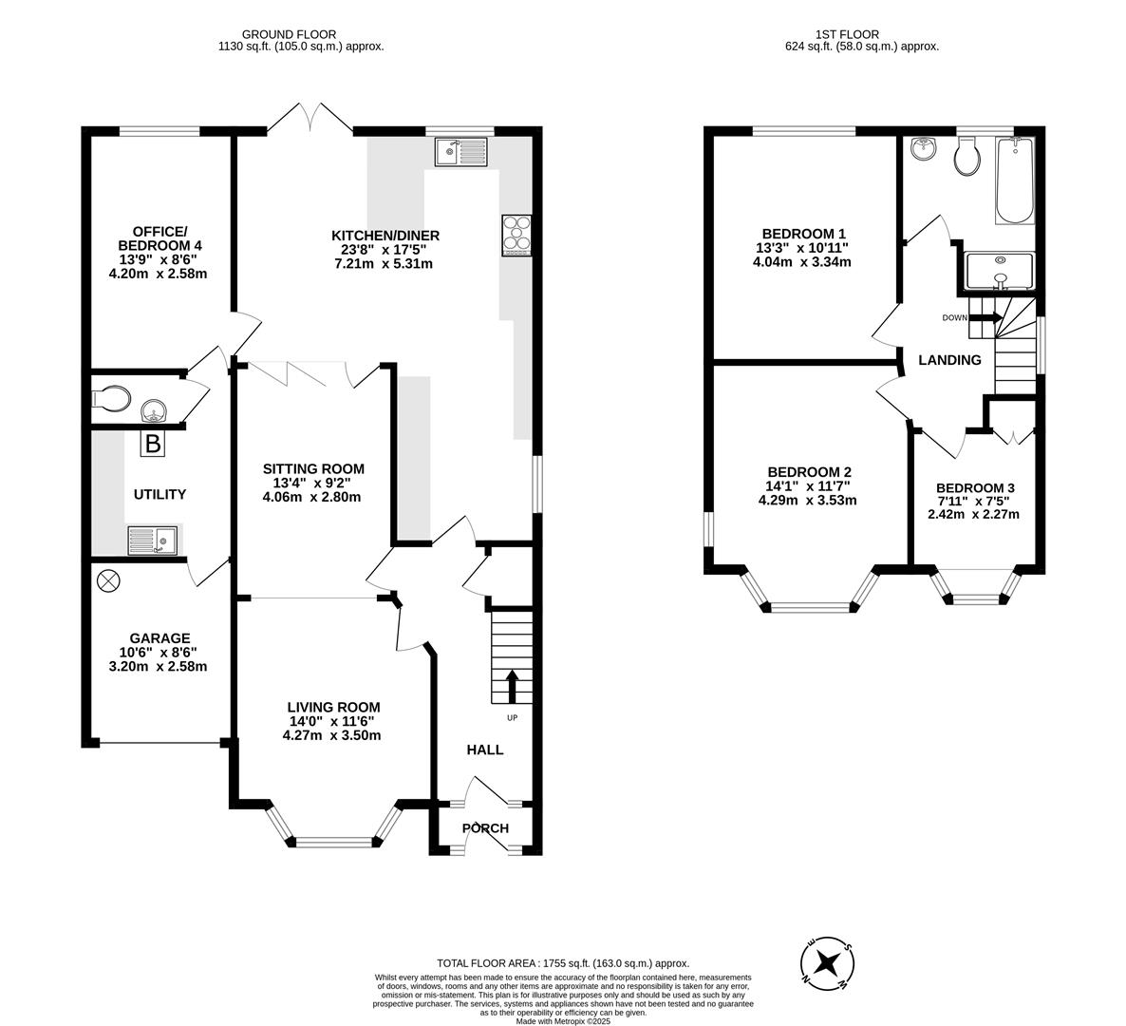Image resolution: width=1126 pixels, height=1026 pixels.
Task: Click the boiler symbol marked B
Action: tap(152, 444)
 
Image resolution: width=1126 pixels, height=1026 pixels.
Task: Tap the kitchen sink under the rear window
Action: tap(461, 151)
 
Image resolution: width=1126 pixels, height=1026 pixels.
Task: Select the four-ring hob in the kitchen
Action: tap(517, 235)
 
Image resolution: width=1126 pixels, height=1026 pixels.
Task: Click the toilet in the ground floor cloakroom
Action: tap(111, 398)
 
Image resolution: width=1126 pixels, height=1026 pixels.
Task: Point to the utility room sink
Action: tap(152, 541)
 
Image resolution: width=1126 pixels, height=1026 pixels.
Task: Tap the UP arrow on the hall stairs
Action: tap(512, 686)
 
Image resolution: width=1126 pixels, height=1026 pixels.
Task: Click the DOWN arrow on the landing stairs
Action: tap(985, 317)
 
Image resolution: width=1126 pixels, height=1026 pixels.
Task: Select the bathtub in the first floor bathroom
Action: tap(1014, 180)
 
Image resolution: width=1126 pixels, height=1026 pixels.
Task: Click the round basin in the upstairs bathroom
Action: tap(924, 149)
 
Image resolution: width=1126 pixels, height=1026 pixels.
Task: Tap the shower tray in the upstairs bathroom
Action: tap(999, 272)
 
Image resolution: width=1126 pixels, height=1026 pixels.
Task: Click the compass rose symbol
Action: tap(827, 962)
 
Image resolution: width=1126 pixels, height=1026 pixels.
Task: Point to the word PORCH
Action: tap(485, 828)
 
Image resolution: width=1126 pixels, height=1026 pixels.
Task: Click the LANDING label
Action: tap(950, 360)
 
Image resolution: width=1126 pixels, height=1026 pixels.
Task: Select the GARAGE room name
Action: tap(160, 638)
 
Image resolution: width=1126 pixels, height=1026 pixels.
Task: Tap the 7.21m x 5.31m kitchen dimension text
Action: tap(385, 264)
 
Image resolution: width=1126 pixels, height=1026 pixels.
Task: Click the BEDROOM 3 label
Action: tap(975, 488)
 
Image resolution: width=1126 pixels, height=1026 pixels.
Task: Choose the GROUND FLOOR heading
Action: tap(289, 34)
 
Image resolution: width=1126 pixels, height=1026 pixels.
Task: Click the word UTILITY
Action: tap(160, 494)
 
